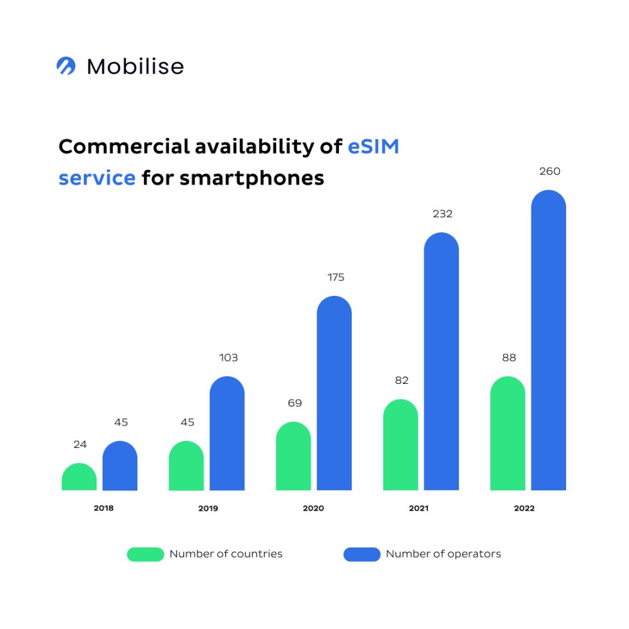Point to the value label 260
tap(549, 171)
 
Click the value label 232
tap(442, 214)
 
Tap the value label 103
tap(228, 358)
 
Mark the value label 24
tap(80, 444)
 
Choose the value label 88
tap(509, 358)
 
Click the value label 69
tap(294, 403)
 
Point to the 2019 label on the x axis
tap(207, 508)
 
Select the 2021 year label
tap(418, 508)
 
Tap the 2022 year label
tap(524, 508)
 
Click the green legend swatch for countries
tap(145, 554)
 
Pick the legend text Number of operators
tap(443, 554)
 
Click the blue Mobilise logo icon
tap(66, 66)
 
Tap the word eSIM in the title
tap(374, 147)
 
